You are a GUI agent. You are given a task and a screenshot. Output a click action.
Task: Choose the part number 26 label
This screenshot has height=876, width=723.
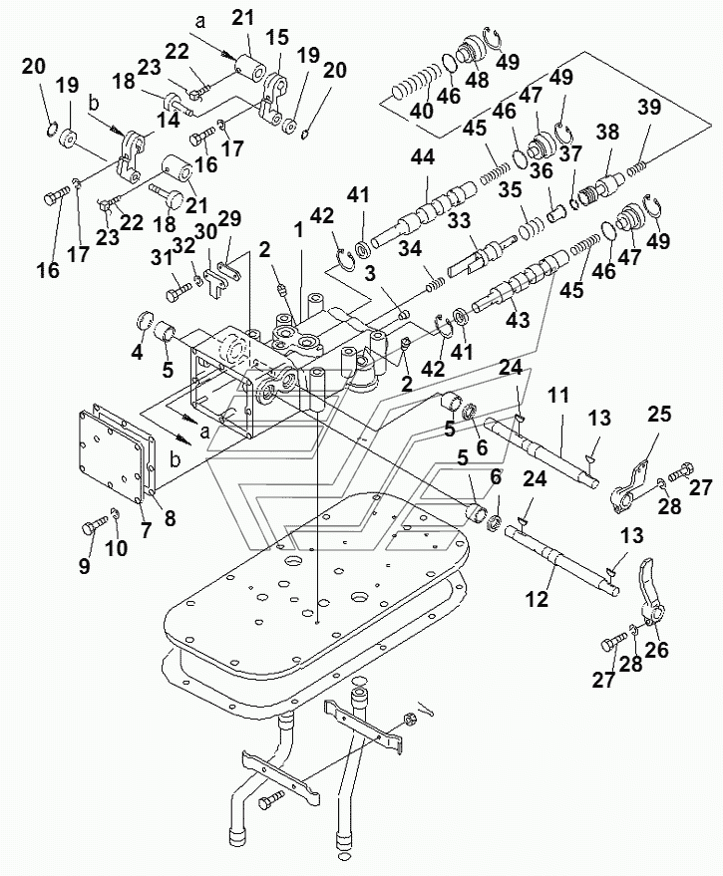coord(659,650)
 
